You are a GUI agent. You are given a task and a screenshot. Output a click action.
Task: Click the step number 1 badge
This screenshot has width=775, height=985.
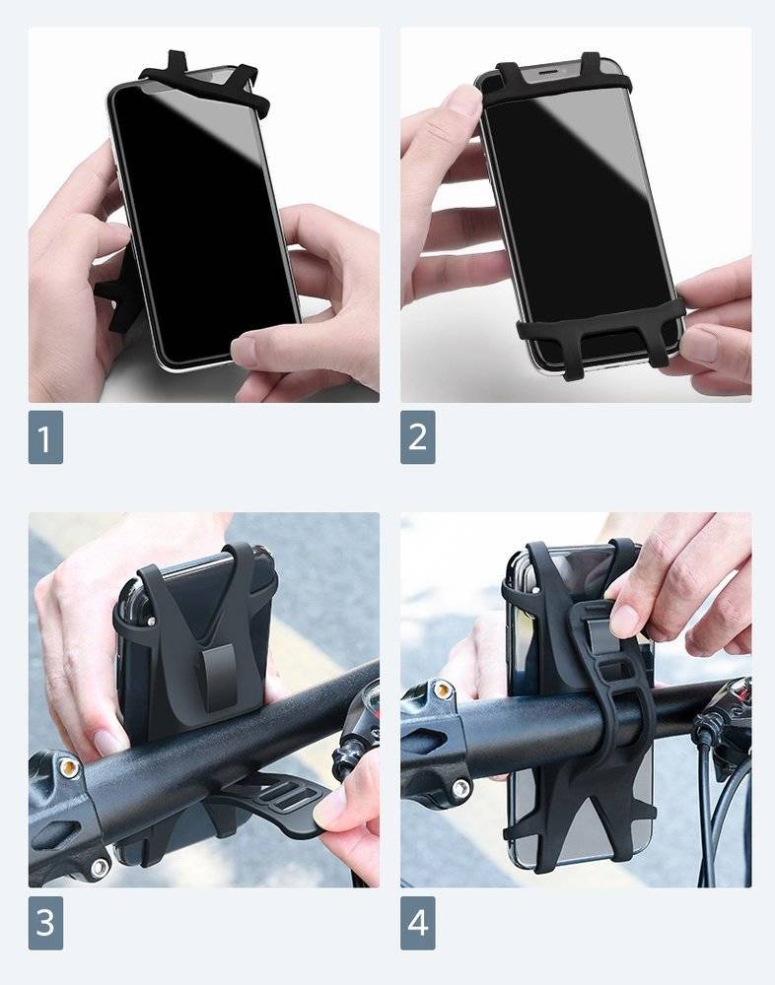pyautogui.click(x=45, y=437)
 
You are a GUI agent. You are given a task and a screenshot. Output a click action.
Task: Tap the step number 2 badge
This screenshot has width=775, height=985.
pyautogui.click(x=418, y=437)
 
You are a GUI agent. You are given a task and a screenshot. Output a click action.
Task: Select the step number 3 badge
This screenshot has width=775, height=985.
pyautogui.click(x=45, y=923)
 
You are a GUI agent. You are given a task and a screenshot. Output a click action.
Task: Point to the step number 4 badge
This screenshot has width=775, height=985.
pyautogui.click(x=418, y=923)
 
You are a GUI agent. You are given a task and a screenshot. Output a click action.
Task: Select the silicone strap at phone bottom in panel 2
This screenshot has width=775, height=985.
pyautogui.click(x=600, y=333)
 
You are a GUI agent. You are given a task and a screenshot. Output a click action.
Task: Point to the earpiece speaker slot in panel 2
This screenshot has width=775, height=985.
pyautogui.click(x=546, y=72)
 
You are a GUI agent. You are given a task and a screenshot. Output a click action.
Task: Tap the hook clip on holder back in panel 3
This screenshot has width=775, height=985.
pyautogui.click(x=220, y=679)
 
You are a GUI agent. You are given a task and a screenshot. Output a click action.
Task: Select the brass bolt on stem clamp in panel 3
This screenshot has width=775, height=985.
pyautogui.click(x=69, y=767)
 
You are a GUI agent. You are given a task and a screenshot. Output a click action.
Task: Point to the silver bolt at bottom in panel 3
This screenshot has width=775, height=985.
pyautogui.click(x=100, y=868)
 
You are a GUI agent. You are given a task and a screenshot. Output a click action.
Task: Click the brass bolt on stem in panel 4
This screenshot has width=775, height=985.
pyautogui.click(x=444, y=689)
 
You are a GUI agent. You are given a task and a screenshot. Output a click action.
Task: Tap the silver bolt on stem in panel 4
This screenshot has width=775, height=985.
pyautogui.click(x=461, y=788)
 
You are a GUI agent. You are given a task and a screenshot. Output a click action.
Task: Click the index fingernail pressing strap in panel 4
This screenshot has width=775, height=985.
pyautogui.click(x=624, y=620)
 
